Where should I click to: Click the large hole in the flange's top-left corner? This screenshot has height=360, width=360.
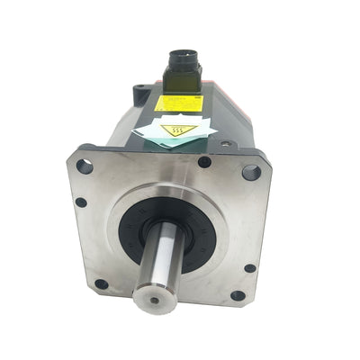coord(85,166)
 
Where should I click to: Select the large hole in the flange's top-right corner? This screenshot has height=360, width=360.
coord(251,171)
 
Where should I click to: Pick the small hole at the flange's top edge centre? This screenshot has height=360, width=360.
coord(204,162)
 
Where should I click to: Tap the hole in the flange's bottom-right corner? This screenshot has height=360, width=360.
coord(238,295)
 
